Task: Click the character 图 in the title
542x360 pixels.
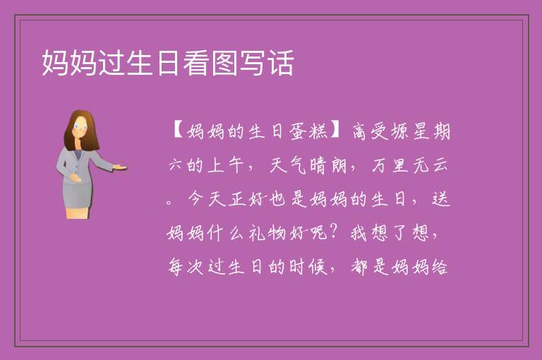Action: click(224, 63)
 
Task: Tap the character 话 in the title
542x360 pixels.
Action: click(281, 63)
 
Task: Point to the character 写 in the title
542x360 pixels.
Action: click(253, 63)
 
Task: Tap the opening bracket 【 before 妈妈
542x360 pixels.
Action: click(178, 131)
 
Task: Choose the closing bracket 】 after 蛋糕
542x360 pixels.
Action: click(336, 131)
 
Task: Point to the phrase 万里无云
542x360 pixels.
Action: click(410, 165)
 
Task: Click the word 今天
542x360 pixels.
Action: click(206, 199)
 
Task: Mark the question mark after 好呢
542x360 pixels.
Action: click(334, 232)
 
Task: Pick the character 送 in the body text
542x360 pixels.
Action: click(441, 199)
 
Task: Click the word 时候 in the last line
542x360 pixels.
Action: click(308, 267)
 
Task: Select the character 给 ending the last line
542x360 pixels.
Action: click(440, 267)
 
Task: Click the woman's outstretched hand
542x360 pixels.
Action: click(119, 167)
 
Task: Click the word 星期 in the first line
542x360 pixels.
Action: click(431, 132)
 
